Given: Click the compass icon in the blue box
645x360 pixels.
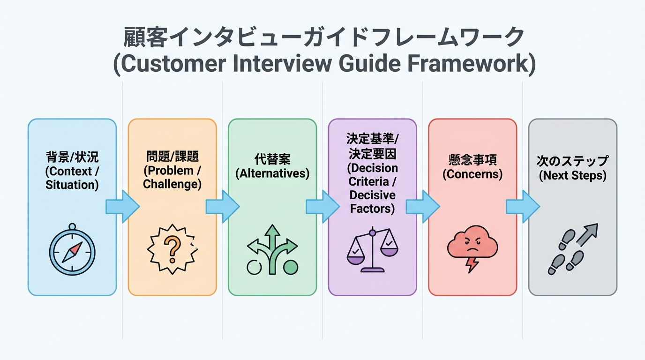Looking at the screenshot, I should click(72, 251).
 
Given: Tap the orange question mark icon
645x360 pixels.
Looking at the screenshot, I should click(172, 248).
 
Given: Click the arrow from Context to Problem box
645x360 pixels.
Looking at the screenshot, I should click(122, 206).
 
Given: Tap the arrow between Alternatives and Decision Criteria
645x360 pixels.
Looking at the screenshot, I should click(322, 206).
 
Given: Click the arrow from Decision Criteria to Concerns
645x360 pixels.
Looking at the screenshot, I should click(422, 206).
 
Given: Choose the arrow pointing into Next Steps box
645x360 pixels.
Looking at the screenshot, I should click(523, 206).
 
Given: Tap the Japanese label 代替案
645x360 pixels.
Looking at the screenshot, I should click(272, 159).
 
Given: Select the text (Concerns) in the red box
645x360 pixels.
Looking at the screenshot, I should click(472, 175).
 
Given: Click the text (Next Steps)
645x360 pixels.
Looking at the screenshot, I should click(572, 176).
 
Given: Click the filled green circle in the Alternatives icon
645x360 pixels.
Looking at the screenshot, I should click(291, 267).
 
